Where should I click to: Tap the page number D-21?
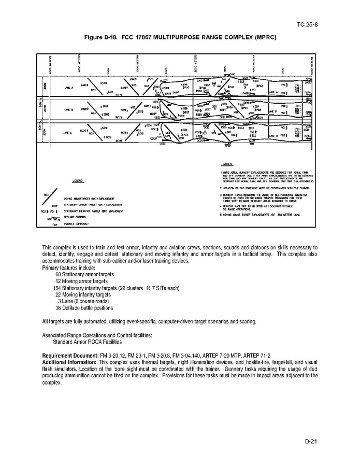pyautogui.click(x=310, y=441)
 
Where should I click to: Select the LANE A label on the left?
pyautogui.click(x=69, y=89)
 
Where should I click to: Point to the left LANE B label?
pyautogui.click(x=69, y=110)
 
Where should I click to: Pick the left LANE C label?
pyautogui.click(x=68, y=134)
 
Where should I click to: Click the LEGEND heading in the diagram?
pyautogui.click(x=77, y=181)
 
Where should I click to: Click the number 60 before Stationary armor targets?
pyautogui.click(x=58, y=274)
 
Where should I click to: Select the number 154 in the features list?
pyautogui.click(x=57, y=287)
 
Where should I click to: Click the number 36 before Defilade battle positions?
pyautogui.click(x=58, y=307)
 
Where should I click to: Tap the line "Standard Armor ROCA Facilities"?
pyautogui.click(x=88, y=342)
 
